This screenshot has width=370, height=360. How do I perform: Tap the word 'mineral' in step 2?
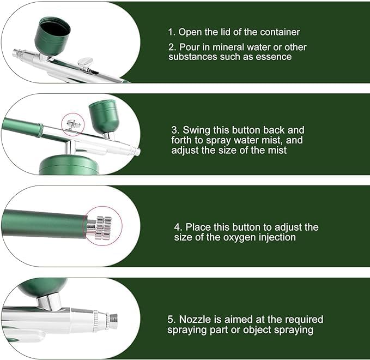(x=225, y=47)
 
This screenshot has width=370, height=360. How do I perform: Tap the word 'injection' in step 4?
(x=277, y=237)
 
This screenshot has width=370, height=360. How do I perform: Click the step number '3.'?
(x=175, y=130)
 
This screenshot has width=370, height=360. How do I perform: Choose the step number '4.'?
(x=178, y=227)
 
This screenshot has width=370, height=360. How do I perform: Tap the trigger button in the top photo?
(x=85, y=63)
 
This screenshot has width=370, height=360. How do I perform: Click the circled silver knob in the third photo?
(x=100, y=226)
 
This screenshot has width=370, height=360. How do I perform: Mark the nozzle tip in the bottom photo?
(x=112, y=321)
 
